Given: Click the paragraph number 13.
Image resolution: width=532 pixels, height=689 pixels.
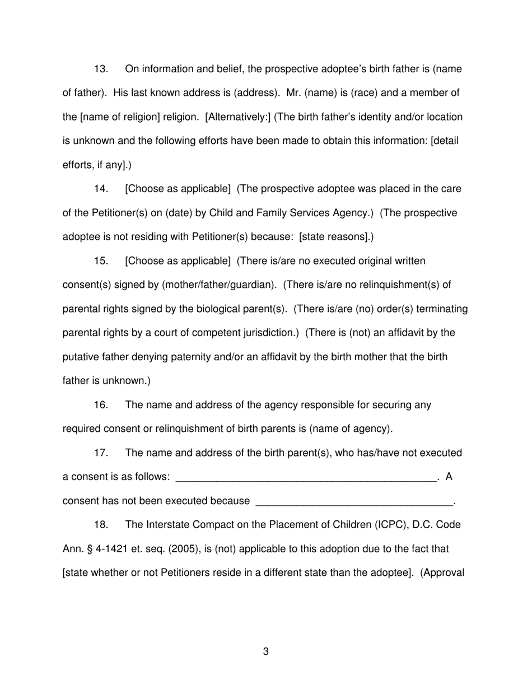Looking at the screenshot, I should click(101, 69).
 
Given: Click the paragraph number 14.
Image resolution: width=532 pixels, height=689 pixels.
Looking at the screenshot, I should click(101, 189).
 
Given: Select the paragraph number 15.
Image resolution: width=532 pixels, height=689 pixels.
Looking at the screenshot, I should click(101, 261).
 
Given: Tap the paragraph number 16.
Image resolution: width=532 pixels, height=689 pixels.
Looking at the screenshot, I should click(101, 404).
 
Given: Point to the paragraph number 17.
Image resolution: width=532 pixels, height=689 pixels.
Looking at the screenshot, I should click(101, 453).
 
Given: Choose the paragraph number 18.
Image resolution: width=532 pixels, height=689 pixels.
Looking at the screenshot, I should click(101, 525).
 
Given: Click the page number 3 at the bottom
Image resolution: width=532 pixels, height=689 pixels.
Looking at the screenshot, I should click(265, 651).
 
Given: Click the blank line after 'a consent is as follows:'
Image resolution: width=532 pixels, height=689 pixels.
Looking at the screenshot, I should click(306, 477).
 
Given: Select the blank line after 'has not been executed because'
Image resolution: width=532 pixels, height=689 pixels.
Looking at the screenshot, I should click(353, 501).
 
